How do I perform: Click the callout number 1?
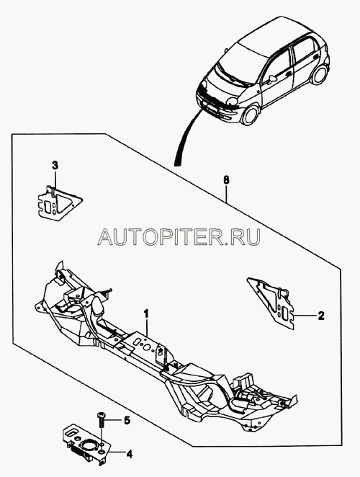click(x=147, y=313)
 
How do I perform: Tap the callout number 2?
click(x=321, y=316)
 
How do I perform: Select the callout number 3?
click(x=55, y=166)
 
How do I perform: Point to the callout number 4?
click(x=129, y=454)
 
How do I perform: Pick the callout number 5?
click(x=127, y=421)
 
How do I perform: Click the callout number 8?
click(x=226, y=180)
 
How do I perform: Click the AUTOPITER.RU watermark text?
click(x=179, y=237)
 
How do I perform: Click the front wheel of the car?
click(x=251, y=115)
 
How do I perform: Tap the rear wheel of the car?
click(x=318, y=75)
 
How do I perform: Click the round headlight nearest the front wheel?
click(x=233, y=102)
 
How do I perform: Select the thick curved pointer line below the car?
click(x=186, y=138)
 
